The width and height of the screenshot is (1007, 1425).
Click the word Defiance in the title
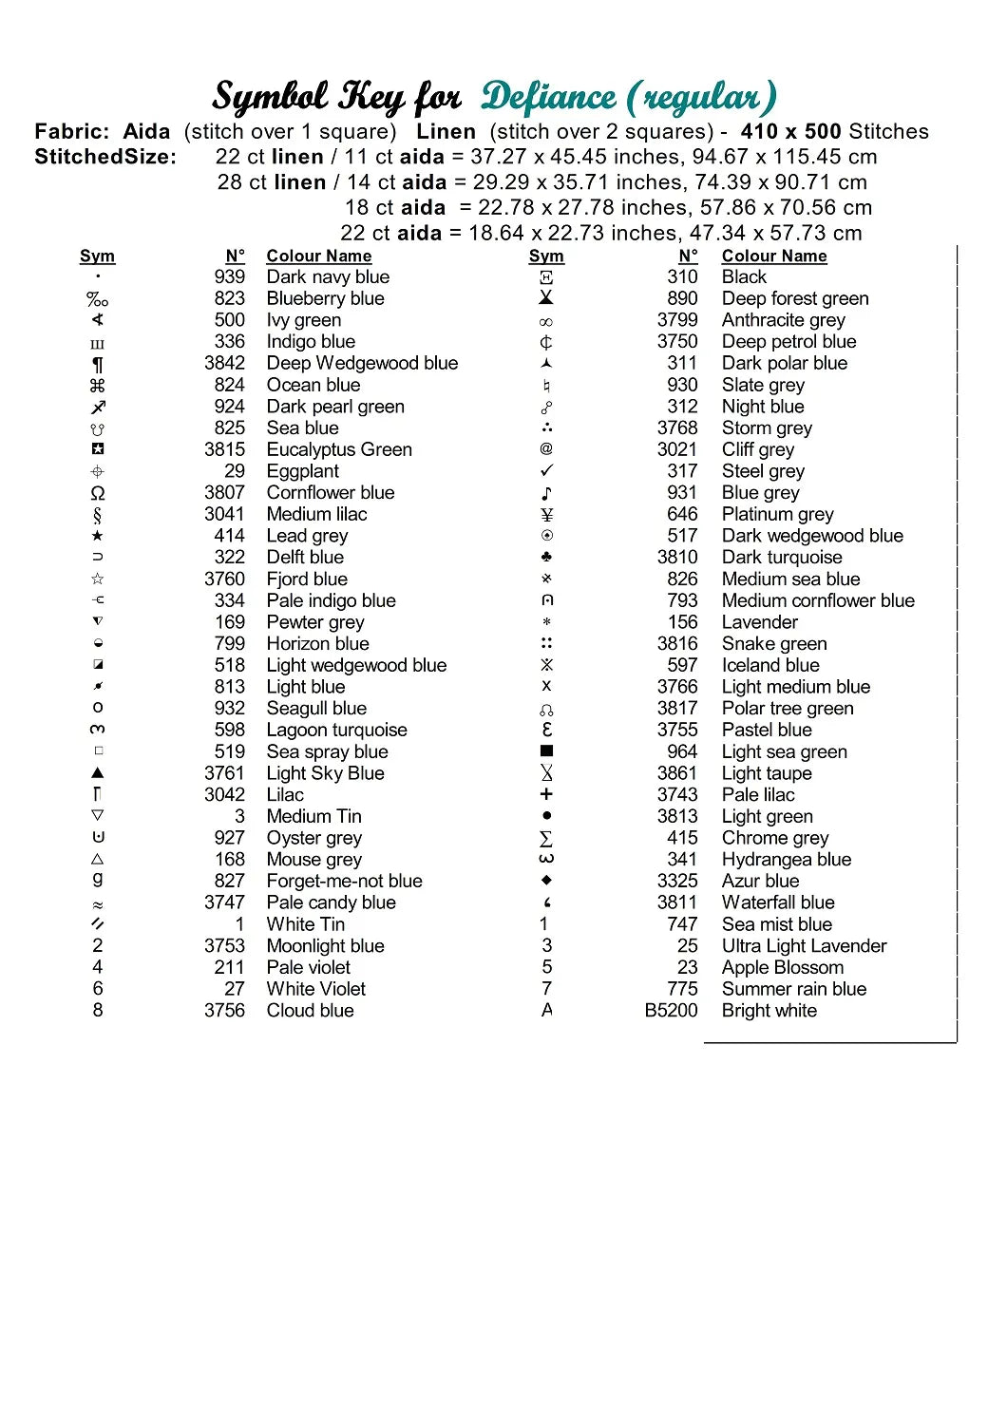548,97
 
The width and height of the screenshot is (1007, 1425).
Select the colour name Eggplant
302,471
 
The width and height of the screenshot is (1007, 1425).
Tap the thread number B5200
671,1011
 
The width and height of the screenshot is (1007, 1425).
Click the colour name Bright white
769,1011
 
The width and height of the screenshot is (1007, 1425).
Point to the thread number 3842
224,363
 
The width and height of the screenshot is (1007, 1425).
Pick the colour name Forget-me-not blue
344,882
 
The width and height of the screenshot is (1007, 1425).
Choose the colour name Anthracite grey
783,320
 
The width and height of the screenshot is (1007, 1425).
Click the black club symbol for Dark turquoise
546,557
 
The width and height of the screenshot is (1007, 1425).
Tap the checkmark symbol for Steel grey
546,471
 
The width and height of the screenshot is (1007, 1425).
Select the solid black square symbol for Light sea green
546,751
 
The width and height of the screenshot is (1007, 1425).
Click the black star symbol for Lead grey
97,536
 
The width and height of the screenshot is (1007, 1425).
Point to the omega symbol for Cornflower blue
97,493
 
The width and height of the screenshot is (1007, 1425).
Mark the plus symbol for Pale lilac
546,794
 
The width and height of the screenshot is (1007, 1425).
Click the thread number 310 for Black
682,277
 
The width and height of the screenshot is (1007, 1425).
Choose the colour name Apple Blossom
782,967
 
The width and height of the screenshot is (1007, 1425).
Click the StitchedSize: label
105,157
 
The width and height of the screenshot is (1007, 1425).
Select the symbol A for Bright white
546,1010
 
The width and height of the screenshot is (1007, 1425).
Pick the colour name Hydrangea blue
786,860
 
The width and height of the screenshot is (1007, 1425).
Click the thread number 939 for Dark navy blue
229,277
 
